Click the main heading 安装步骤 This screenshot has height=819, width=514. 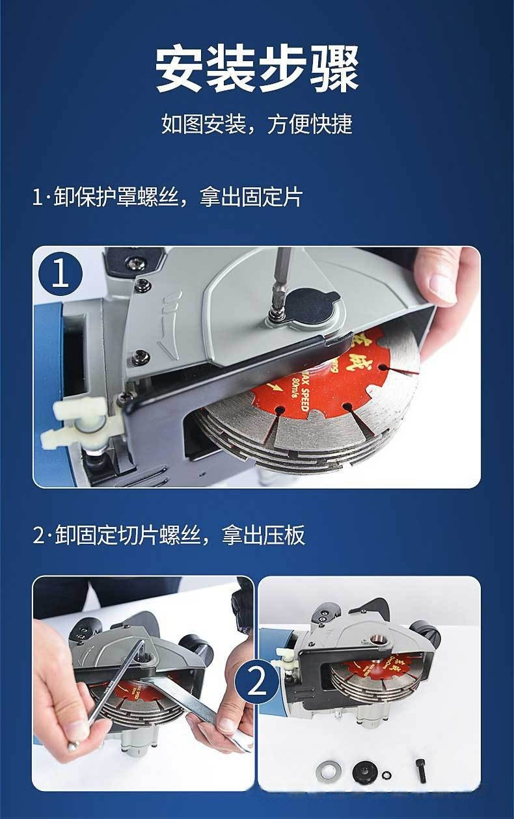coord(257,69)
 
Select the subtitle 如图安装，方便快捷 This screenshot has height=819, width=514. coord(257,124)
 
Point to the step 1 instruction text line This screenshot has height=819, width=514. coord(167,198)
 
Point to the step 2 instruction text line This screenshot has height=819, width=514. coord(169,536)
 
